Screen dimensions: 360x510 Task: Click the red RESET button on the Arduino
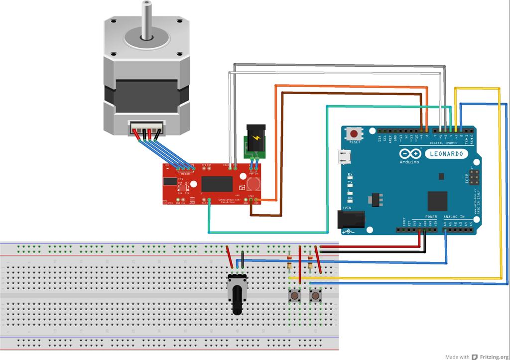tap(355, 134)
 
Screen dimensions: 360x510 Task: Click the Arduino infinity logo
tap(409, 154)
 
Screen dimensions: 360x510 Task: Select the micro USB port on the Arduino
tap(343, 157)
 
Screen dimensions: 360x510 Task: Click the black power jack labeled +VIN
tap(350, 220)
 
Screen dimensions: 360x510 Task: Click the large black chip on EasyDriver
tap(216, 184)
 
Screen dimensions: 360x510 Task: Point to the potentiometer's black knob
tap(237, 301)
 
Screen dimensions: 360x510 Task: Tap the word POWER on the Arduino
tap(431, 217)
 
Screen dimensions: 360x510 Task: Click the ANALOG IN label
tap(454, 217)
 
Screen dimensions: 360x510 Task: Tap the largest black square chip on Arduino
tap(437, 200)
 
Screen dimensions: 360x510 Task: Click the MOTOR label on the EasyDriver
tap(185, 174)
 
